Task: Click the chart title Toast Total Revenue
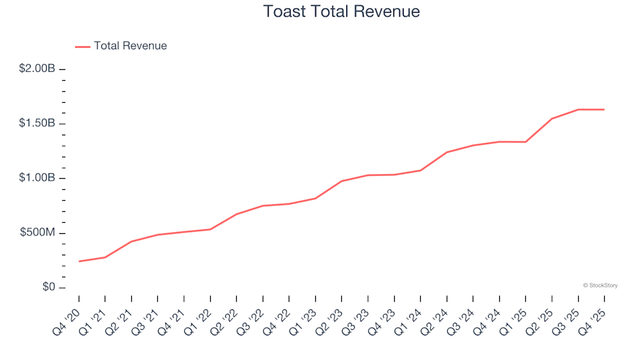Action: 341,12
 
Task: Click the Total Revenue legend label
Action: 130,46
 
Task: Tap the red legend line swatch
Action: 83,47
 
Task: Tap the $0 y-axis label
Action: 45,288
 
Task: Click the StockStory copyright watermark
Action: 600,285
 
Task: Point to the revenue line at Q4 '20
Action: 79,261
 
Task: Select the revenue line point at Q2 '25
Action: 552,119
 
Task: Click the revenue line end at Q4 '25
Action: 604,109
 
